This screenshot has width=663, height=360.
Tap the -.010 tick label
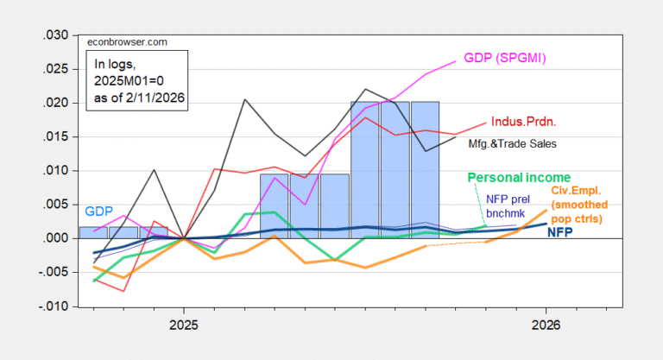click(x=50, y=306)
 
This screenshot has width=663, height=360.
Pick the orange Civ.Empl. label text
click(x=587, y=190)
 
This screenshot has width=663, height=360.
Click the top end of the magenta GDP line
click(x=455, y=61)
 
